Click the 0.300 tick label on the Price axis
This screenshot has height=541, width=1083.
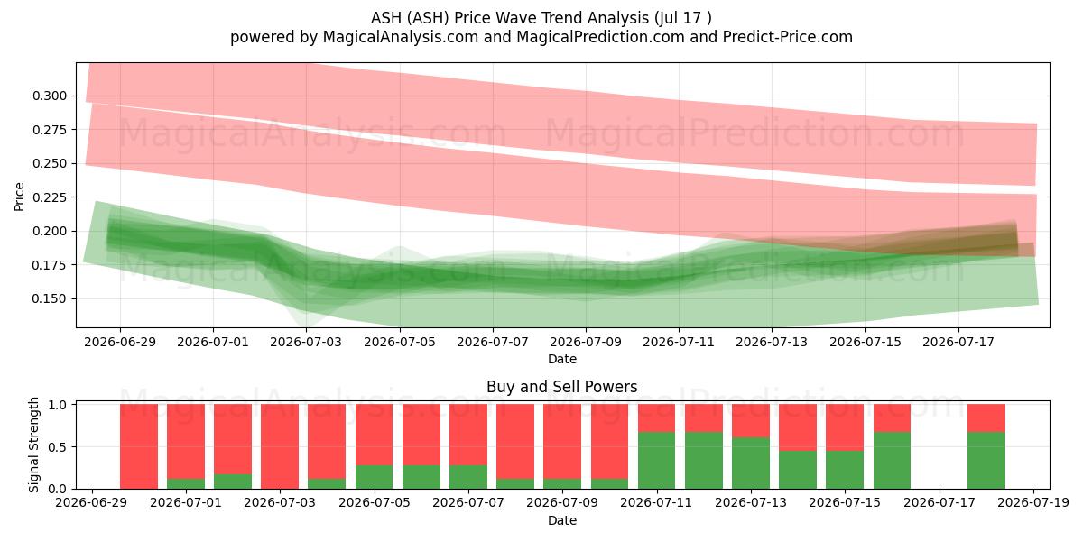point(50,96)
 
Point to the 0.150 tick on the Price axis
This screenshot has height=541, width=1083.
point(50,298)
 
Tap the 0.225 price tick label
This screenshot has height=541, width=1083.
point(50,197)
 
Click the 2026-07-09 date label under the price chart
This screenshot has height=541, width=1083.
point(586,342)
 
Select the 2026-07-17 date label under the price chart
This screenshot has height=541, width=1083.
point(958,342)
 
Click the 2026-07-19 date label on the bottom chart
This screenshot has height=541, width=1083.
point(1033,502)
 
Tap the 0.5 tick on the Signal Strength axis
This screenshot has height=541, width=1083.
point(58,447)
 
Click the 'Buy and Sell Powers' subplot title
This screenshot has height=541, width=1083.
point(561,387)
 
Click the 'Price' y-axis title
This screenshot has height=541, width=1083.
point(19,197)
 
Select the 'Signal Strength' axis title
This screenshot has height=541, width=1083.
point(33,445)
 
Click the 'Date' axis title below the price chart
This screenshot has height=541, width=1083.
point(561,359)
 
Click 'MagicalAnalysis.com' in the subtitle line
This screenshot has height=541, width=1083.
point(401,37)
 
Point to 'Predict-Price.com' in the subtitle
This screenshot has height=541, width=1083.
point(788,37)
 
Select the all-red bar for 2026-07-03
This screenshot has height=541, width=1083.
point(280,446)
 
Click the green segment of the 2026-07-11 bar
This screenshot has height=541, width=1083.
point(657,461)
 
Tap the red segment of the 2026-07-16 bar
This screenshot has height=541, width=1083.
point(892,417)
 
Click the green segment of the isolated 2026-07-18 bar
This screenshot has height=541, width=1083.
point(986,461)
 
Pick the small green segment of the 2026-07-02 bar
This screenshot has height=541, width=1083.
point(233,481)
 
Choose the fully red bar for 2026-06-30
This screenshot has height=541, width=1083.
point(139,446)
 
